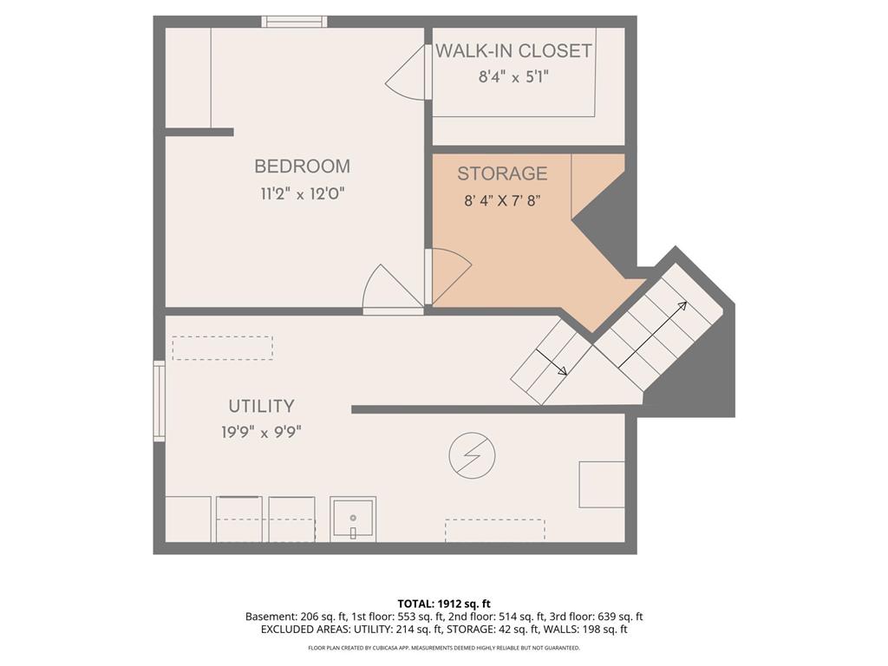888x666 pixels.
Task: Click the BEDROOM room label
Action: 302,166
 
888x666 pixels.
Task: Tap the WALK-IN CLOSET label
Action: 513,51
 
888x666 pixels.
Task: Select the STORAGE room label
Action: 502,173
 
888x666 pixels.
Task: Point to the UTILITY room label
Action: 261,406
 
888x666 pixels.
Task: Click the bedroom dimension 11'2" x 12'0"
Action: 303,194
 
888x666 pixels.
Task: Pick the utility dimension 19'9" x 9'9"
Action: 261,433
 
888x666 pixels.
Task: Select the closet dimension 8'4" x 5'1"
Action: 513,77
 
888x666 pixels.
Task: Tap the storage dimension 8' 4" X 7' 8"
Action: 502,200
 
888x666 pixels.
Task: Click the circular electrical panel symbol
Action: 472,456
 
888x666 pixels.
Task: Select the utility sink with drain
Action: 353,519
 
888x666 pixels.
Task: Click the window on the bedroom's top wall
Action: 294,22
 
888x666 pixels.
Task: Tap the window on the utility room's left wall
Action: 160,401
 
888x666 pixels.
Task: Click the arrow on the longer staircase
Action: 652,335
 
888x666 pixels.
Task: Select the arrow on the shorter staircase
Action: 551,362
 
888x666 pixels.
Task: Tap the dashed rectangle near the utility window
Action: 223,349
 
